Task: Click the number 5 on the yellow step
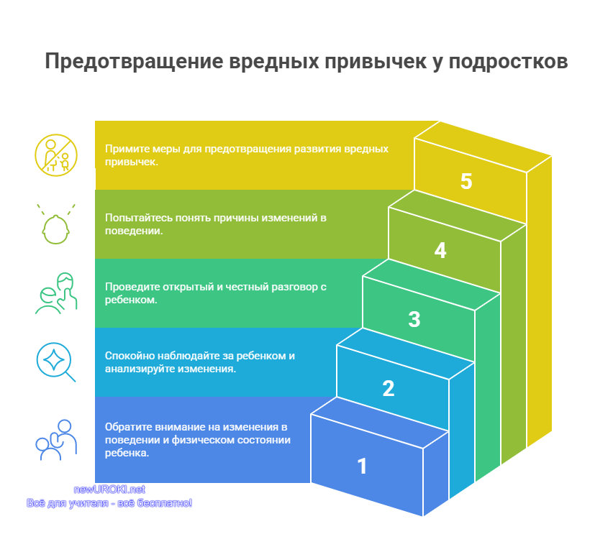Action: click(466, 181)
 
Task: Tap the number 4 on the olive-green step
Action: click(440, 250)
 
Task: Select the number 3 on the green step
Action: click(414, 319)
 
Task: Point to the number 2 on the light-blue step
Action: click(389, 388)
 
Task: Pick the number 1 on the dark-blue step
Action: click(363, 466)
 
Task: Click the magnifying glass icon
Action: click(55, 362)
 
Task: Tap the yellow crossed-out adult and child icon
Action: click(56, 155)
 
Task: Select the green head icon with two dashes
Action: click(56, 224)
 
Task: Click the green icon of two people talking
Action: click(56, 293)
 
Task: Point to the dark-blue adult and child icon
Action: click(56, 440)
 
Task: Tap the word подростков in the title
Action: click(508, 62)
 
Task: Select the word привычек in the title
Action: click(376, 62)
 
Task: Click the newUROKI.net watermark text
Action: click(109, 489)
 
